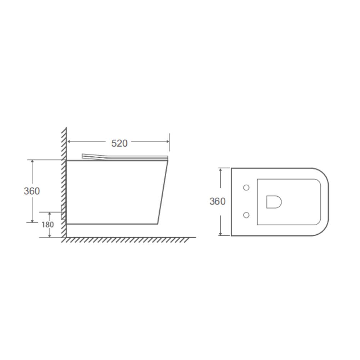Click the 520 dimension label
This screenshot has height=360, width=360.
119,143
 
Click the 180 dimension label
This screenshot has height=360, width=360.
48,225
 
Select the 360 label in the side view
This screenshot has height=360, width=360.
32,191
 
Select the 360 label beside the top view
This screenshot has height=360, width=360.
217,201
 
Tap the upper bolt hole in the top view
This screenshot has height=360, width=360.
246,188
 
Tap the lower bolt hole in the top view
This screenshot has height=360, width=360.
246,215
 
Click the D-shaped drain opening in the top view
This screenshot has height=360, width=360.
274,202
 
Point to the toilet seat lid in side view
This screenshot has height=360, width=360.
125,157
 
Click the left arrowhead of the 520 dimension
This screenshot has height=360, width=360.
69,141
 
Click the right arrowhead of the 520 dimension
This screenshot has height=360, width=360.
167,141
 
